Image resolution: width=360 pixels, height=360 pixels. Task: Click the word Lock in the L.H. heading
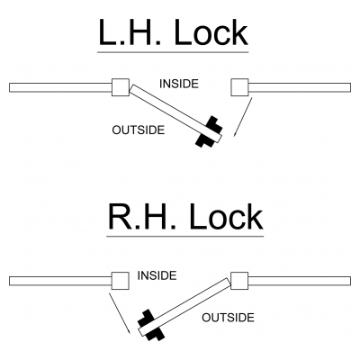pyautogui.click(x=211, y=32)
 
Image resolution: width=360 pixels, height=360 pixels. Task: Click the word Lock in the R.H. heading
pyautogui.click(x=226, y=217)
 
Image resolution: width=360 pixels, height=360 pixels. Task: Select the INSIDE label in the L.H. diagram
pyautogui.click(x=179, y=84)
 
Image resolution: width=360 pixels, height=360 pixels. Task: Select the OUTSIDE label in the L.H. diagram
pyautogui.click(x=139, y=130)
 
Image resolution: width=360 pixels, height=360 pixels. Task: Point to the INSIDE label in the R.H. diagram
pyautogui.click(x=157, y=275)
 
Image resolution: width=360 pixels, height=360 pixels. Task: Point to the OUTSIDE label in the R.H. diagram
pyautogui.click(x=228, y=318)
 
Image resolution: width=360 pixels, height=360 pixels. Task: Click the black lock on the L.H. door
pyautogui.click(x=209, y=131)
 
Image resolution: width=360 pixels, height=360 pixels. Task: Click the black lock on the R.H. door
pyautogui.click(x=151, y=325)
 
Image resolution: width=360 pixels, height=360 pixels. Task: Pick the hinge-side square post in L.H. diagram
pyautogui.click(x=121, y=87)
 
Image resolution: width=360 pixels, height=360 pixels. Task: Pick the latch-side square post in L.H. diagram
pyautogui.click(x=239, y=87)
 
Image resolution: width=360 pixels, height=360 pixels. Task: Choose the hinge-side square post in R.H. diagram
pyautogui.click(x=239, y=281)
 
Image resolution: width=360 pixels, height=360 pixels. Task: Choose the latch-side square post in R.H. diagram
pyautogui.click(x=121, y=281)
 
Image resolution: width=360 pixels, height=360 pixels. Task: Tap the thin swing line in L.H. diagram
pyautogui.click(x=243, y=117)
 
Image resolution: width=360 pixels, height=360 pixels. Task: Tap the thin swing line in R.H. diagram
pyautogui.click(x=120, y=313)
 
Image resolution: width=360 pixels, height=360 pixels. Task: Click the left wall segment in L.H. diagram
pyautogui.click(x=60, y=87)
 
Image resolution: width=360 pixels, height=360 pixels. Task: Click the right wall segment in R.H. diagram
pyautogui.click(x=300, y=281)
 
